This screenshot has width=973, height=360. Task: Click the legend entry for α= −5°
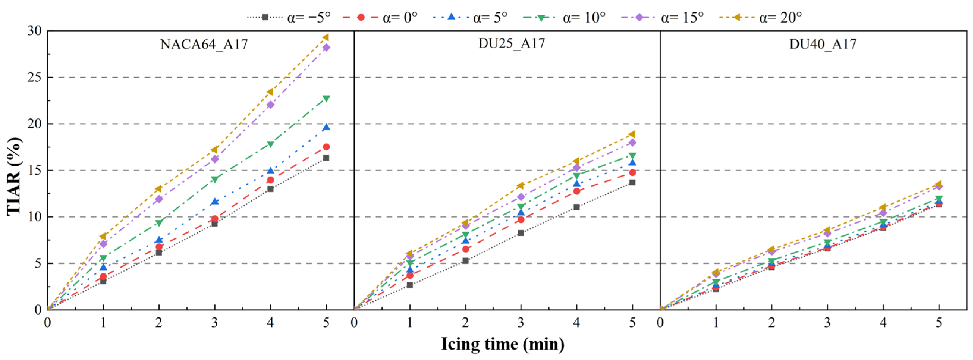coord(289,17)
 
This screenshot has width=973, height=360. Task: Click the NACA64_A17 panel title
coord(204,45)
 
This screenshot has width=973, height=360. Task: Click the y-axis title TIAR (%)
coord(14,176)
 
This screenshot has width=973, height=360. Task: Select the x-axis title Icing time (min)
coord(502,344)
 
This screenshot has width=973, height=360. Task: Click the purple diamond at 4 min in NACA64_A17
coord(271,105)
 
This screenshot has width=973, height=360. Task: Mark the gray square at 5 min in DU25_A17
coord(632,183)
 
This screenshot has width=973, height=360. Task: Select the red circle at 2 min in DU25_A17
coord(465,249)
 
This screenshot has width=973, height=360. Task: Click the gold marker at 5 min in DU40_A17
coord(939,184)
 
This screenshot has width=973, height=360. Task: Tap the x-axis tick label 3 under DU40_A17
coord(827,323)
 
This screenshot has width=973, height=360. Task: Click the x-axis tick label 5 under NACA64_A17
coord(326,323)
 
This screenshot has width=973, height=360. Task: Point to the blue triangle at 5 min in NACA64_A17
coord(326,127)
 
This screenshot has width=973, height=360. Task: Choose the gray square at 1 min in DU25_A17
coord(410,285)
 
